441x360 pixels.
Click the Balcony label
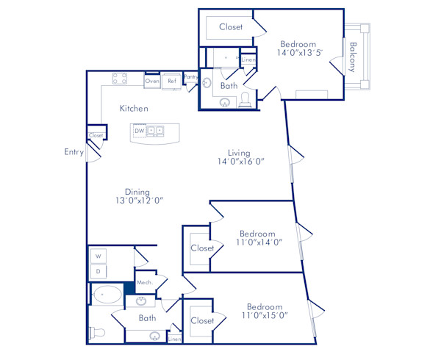click(x=353, y=57)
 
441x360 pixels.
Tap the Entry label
click(x=73, y=152)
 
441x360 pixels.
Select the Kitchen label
click(x=135, y=109)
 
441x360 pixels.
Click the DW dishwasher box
click(x=139, y=132)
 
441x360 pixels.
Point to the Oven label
click(x=152, y=81)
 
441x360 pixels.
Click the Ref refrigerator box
click(x=172, y=81)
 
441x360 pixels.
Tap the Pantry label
click(x=190, y=76)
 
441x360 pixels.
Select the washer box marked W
click(x=98, y=256)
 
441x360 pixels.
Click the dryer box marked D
click(x=98, y=271)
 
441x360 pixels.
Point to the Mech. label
click(x=143, y=282)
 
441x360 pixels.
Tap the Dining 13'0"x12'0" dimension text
click(x=138, y=200)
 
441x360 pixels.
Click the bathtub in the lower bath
click(x=108, y=295)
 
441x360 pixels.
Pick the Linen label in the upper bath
click(x=248, y=60)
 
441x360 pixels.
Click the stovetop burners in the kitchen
click(x=120, y=79)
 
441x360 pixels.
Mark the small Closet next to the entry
click(x=96, y=135)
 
